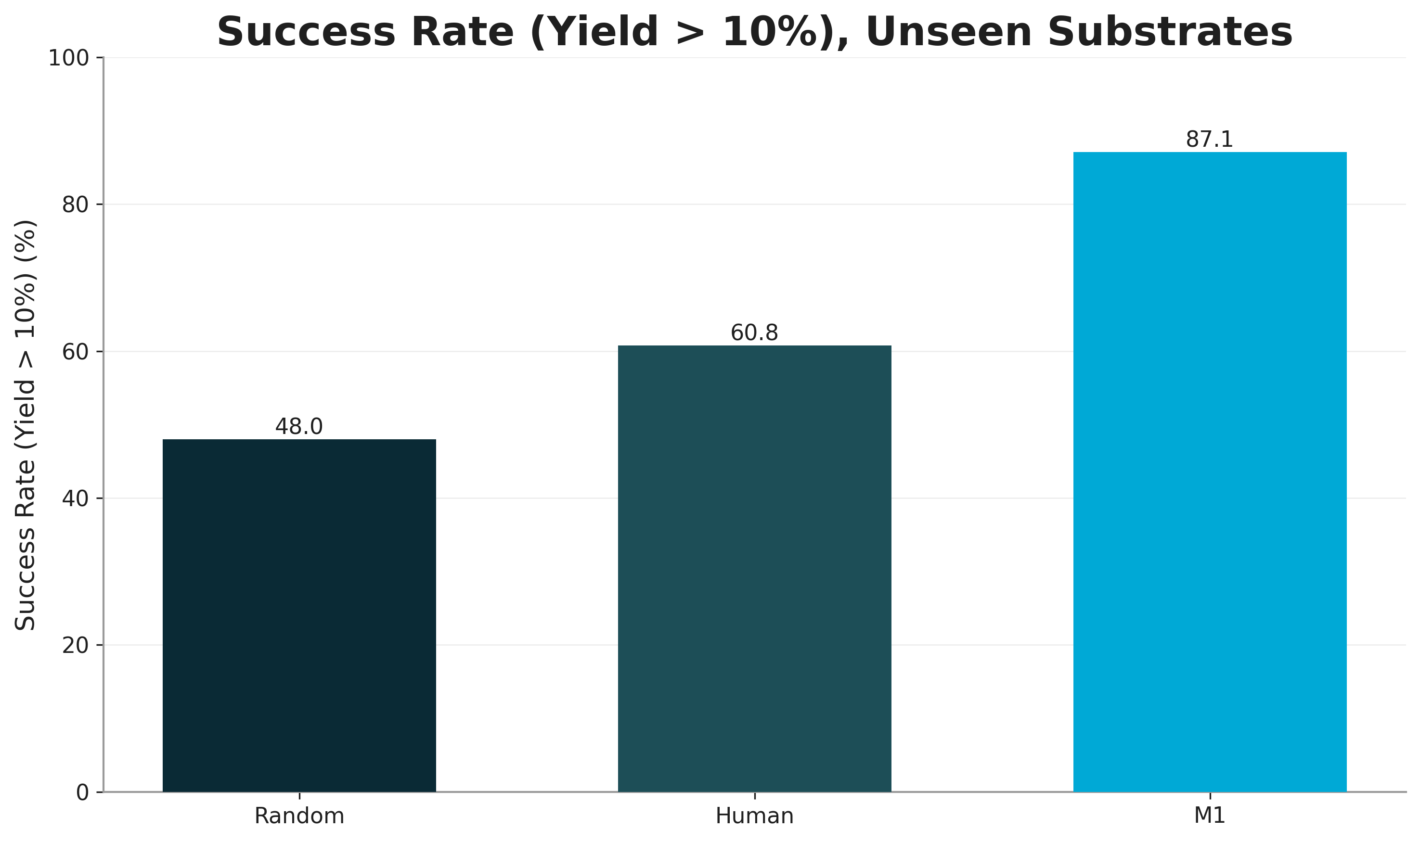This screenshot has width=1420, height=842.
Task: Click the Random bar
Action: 299,615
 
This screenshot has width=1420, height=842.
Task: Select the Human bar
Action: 754,569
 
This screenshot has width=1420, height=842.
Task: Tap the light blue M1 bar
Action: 1210,472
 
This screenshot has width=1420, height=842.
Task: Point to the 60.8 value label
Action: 754,333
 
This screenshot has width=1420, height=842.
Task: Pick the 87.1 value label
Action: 1210,140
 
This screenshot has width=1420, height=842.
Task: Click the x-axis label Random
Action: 299,816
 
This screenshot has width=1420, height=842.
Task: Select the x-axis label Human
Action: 754,816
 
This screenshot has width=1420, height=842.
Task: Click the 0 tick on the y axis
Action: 82,792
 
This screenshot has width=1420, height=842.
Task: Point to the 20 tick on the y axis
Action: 76,646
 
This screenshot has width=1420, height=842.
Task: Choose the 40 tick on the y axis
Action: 76,499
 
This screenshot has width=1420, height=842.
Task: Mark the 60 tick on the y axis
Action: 76,352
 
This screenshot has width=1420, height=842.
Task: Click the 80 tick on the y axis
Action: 76,205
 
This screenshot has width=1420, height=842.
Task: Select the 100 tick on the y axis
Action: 69,58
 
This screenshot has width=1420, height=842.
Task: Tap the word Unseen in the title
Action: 949,32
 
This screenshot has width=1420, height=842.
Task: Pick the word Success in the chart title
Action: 307,32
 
